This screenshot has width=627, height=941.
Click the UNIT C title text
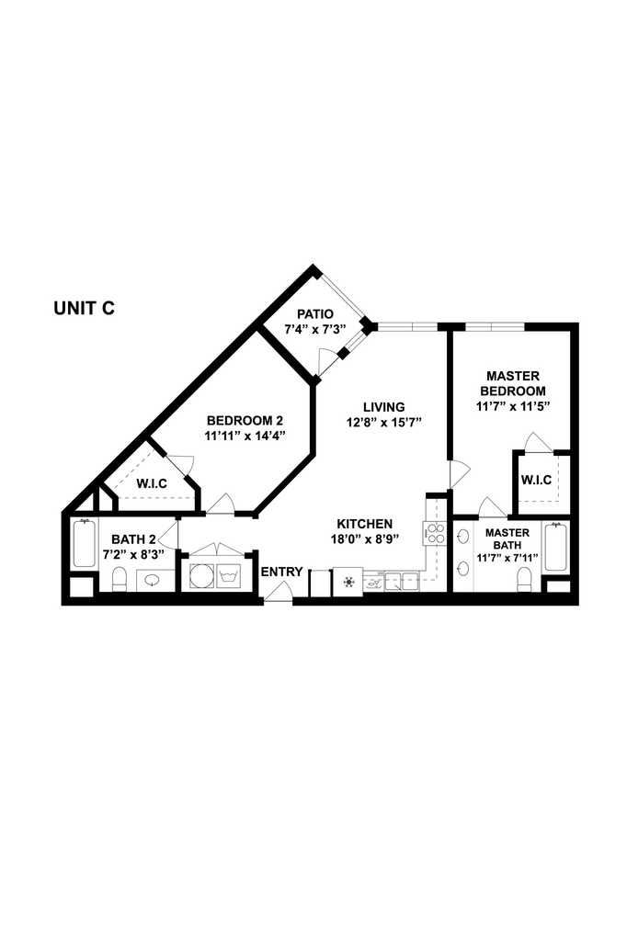point(84,309)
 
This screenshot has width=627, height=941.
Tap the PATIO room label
point(315,314)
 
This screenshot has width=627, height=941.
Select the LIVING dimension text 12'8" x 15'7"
point(384,422)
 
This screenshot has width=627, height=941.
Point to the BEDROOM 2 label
point(245,421)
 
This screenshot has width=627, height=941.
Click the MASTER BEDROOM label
point(512,383)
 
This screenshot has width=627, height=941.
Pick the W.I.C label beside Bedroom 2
point(152,483)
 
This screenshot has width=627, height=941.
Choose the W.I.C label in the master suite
point(536,480)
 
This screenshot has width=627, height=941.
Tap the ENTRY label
point(281,572)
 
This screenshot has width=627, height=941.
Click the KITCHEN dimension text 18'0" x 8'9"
point(365,539)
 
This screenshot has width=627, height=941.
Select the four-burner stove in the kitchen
point(435,534)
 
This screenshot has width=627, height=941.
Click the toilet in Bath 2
point(120,579)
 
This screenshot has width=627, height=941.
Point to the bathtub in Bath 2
point(84,544)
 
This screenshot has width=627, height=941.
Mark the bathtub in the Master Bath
point(556,548)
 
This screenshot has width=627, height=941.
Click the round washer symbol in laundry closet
point(201,575)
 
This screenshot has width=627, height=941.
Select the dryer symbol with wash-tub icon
point(229,576)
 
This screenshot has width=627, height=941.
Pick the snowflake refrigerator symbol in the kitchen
point(348,582)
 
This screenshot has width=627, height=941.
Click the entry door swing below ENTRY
point(278,591)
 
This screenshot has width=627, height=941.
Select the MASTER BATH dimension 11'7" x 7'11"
point(507,558)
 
